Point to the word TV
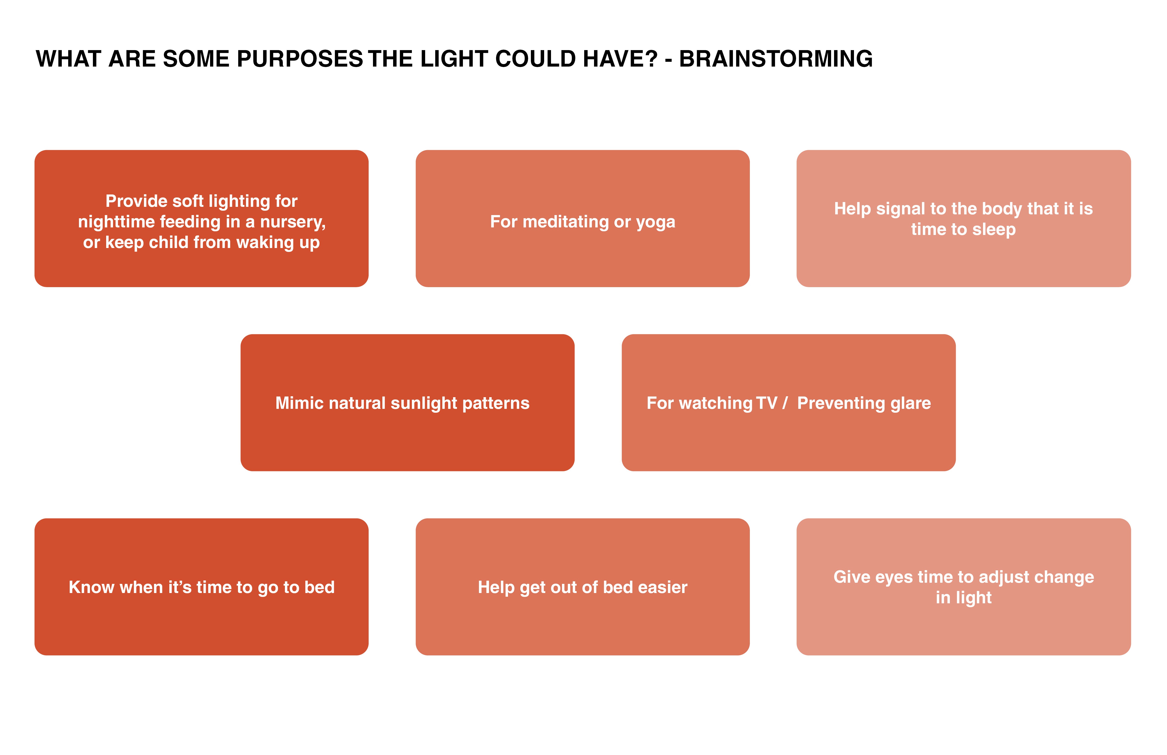point(767,403)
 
